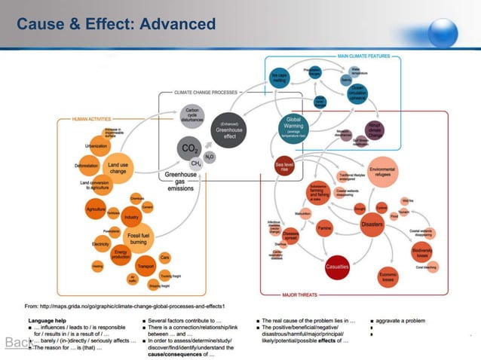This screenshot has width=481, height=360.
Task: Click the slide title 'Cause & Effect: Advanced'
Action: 116,25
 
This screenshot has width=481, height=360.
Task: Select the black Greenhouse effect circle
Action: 228,129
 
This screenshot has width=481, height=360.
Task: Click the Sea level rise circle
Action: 284,166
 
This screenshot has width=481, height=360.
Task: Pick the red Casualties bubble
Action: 336,265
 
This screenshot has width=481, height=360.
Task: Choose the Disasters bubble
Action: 372,224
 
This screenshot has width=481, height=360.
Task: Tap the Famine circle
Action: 324,227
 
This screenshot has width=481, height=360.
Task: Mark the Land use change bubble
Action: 118,167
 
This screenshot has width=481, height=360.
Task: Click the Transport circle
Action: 145,266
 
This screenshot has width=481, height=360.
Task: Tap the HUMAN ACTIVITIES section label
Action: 91,118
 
